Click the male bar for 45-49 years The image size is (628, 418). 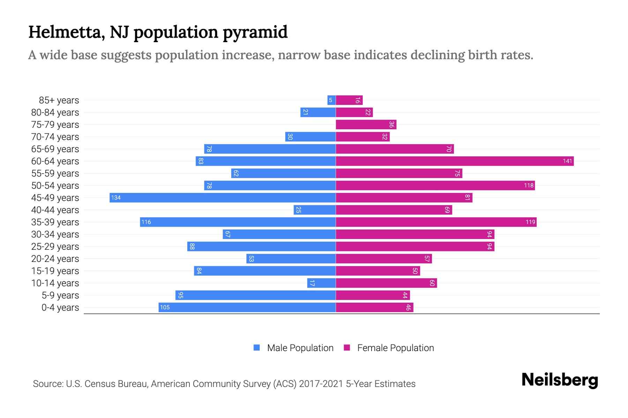(223, 198)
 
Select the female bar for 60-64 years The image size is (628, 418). (455, 161)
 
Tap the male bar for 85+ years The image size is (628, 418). (331, 100)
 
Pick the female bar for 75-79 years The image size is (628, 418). (366, 124)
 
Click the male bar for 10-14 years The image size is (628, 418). (321, 283)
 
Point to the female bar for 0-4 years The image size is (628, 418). (374, 307)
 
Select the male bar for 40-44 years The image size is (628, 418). (314, 210)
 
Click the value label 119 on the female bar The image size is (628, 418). (530, 222)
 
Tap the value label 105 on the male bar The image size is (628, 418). (165, 307)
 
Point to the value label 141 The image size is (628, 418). (567, 161)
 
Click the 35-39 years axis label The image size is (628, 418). (55, 222)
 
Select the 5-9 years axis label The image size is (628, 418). (60, 295)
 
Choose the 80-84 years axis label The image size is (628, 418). (55, 112)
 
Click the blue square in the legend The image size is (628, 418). (257, 348)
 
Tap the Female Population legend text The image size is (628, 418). (395, 348)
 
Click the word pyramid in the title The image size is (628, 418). (255, 32)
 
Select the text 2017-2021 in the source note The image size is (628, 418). (321, 384)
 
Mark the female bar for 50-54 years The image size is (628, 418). (435, 185)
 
